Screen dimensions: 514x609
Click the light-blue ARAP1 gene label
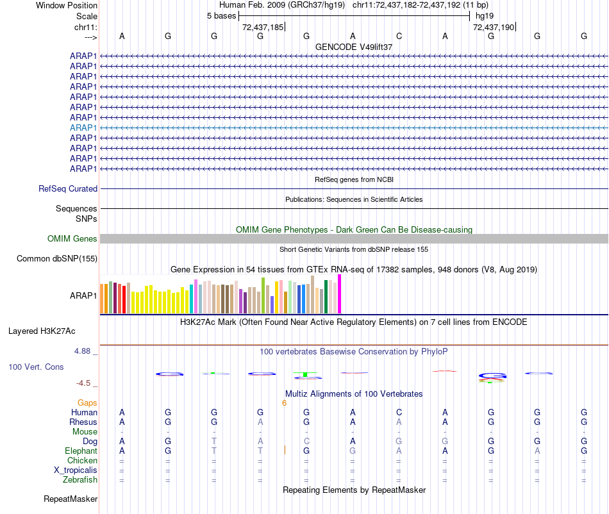pyautogui.click(x=83, y=128)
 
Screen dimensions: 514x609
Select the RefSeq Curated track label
pyautogui.click(x=68, y=189)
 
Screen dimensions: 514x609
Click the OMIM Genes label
pyautogui.click(x=72, y=239)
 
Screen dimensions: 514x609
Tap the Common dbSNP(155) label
pyautogui.click(x=58, y=259)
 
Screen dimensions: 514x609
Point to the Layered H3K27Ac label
pyautogui.click(x=42, y=331)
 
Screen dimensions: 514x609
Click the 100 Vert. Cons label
pyautogui.click(x=36, y=367)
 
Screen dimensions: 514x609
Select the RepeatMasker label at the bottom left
pyautogui.click(x=71, y=499)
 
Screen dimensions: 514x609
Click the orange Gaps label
pyautogui.click(x=87, y=403)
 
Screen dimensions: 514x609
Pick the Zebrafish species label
pyautogui.click(x=80, y=480)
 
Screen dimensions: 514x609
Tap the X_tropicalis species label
pyautogui.click(x=76, y=470)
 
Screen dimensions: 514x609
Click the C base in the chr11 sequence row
pyautogui.click(x=399, y=37)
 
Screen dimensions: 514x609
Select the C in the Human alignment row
pyautogui.click(x=399, y=413)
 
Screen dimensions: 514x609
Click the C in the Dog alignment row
pyautogui.click(x=306, y=442)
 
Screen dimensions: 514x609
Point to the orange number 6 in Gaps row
pyautogui.click(x=284, y=403)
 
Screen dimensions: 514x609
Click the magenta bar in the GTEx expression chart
pyautogui.click(x=340, y=294)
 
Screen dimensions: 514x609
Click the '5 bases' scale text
pyautogui.click(x=221, y=16)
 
